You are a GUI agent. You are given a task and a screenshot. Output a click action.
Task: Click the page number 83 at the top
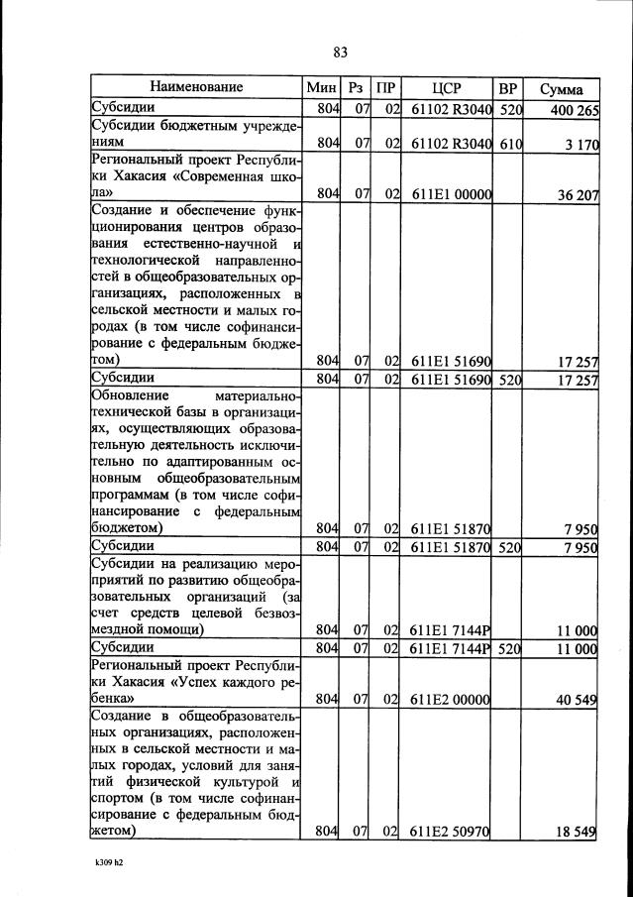point(341,52)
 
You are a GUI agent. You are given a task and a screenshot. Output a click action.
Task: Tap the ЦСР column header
point(449,87)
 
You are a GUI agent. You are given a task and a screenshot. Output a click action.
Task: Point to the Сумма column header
point(562,88)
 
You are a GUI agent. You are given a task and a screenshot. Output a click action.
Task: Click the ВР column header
point(508,87)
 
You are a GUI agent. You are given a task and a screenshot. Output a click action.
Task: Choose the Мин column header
point(323,87)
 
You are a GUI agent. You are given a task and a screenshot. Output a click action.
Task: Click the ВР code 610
point(510,145)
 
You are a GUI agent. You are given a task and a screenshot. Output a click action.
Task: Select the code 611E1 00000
point(452,195)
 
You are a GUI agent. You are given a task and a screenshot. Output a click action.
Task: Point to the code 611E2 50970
point(452,832)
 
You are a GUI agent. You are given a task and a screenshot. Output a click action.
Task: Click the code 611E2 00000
point(452,700)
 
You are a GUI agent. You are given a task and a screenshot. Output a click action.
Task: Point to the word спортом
point(122,797)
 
